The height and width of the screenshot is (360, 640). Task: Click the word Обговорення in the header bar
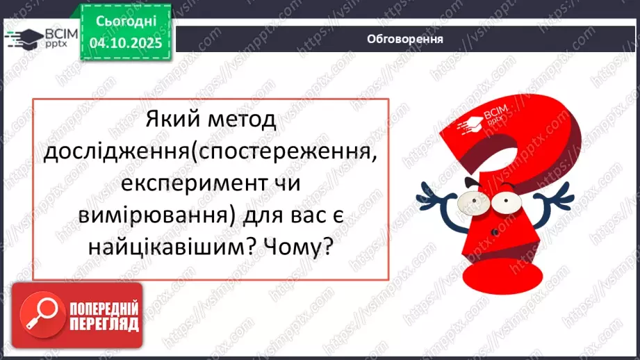coord(405,39)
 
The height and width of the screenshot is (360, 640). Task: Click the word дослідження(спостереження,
coord(211,152)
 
